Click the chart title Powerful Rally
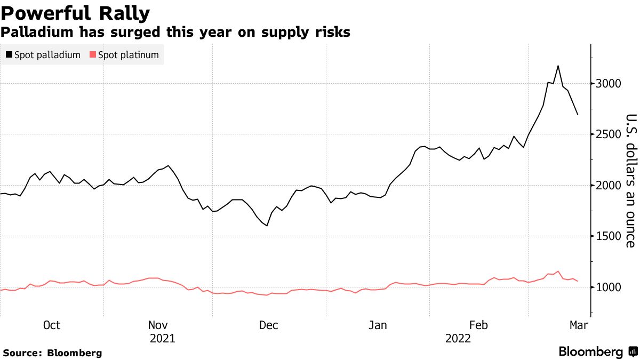pyautogui.click(x=75, y=12)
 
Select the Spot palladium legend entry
pyautogui.click(x=47, y=55)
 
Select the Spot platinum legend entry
pyautogui.click(x=128, y=55)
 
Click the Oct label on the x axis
pyautogui.click(x=51, y=325)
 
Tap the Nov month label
pyautogui.click(x=158, y=325)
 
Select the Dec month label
pyautogui.click(x=268, y=325)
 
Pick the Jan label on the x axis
pyautogui.click(x=377, y=325)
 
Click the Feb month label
pyautogui.click(x=478, y=325)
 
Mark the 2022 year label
pyautogui.click(x=458, y=338)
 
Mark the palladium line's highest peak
pyautogui.click(x=558, y=66)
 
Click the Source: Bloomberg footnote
pyautogui.click(x=52, y=353)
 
